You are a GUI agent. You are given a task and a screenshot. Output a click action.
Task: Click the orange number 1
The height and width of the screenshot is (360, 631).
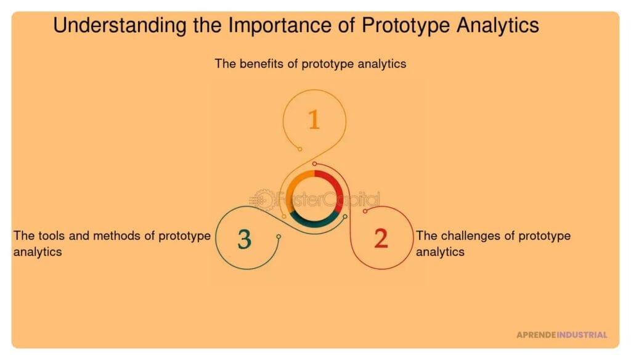tap(314, 120)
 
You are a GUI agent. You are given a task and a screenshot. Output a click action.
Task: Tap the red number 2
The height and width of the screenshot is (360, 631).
tap(381, 239)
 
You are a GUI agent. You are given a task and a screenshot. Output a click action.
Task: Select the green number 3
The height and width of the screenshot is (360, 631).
tap(245, 239)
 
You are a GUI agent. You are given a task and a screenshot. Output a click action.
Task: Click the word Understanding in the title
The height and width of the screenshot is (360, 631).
tap(108, 25)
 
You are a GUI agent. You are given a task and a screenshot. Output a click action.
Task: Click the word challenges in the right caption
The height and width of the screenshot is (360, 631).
tap(468, 235)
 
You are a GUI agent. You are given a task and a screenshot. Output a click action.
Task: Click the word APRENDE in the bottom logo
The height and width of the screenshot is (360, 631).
tap(535, 335)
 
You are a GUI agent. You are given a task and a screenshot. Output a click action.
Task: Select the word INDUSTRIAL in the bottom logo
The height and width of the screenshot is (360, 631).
tap(582, 335)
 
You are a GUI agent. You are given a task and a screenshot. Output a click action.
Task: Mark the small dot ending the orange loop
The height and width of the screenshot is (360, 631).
tap(299, 149)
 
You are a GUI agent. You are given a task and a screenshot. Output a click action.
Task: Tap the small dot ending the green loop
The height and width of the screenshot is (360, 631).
tap(279, 237)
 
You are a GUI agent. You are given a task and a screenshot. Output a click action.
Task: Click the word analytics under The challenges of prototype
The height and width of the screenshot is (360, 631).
tap(440, 252)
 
